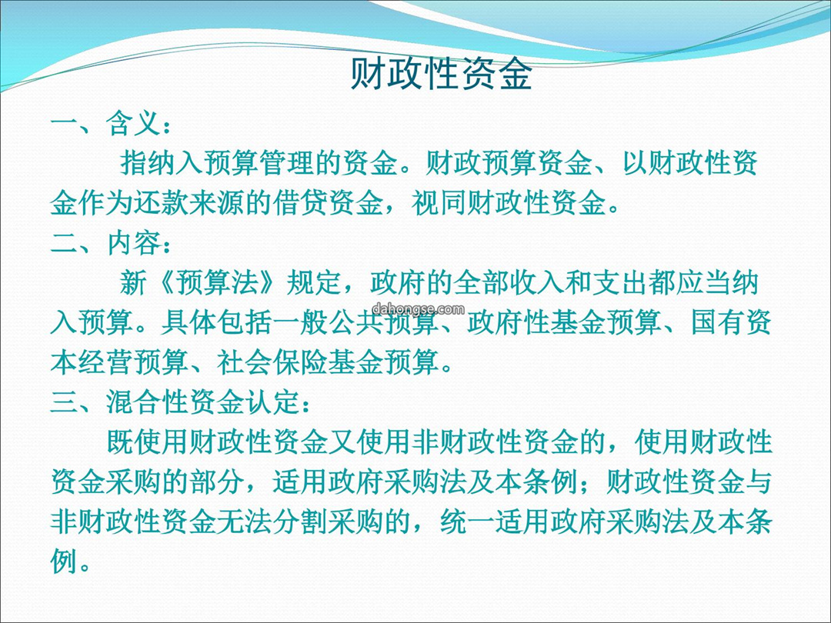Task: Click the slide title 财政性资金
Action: pyautogui.click(x=441, y=74)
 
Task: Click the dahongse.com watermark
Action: pyautogui.click(x=418, y=309)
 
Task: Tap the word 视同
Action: pyautogui.click(x=439, y=203)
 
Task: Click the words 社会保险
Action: pyautogui.click(x=272, y=361)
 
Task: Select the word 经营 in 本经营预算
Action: pyautogui.click(x=106, y=361)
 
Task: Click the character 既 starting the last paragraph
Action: pyautogui.click(x=120, y=441)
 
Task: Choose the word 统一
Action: pyautogui.click(x=467, y=521)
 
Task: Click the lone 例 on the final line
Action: pyautogui.click(x=65, y=561)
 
